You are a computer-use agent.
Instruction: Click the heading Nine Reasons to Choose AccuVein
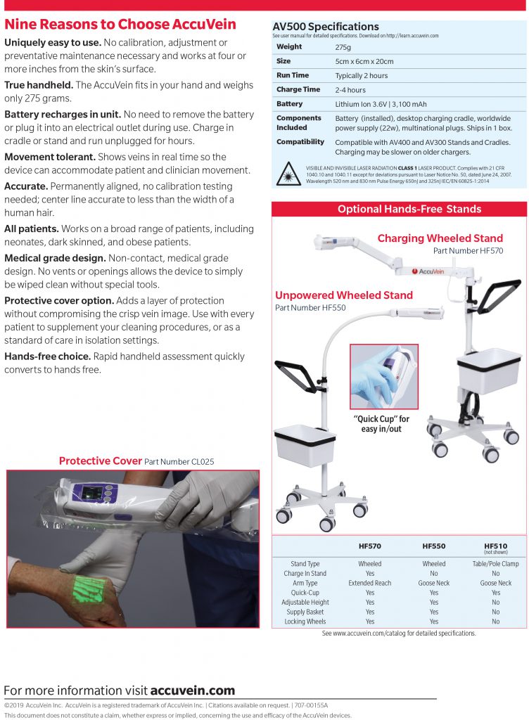(120, 25)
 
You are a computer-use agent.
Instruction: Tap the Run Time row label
(293, 75)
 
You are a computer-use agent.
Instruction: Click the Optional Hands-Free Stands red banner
(399, 209)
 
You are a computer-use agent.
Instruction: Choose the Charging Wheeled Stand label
(440, 238)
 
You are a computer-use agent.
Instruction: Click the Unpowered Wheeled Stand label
(343, 295)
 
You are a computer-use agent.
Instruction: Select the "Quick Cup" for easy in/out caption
(381, 424)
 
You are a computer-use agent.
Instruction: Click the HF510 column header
(495, 546)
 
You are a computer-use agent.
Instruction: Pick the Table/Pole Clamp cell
(495, 564)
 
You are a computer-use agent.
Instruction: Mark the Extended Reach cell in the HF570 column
(370, 583)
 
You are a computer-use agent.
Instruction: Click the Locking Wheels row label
(305, 622)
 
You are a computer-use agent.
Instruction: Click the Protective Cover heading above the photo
(101, 461)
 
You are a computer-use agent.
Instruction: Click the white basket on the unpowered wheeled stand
(305, 445)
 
